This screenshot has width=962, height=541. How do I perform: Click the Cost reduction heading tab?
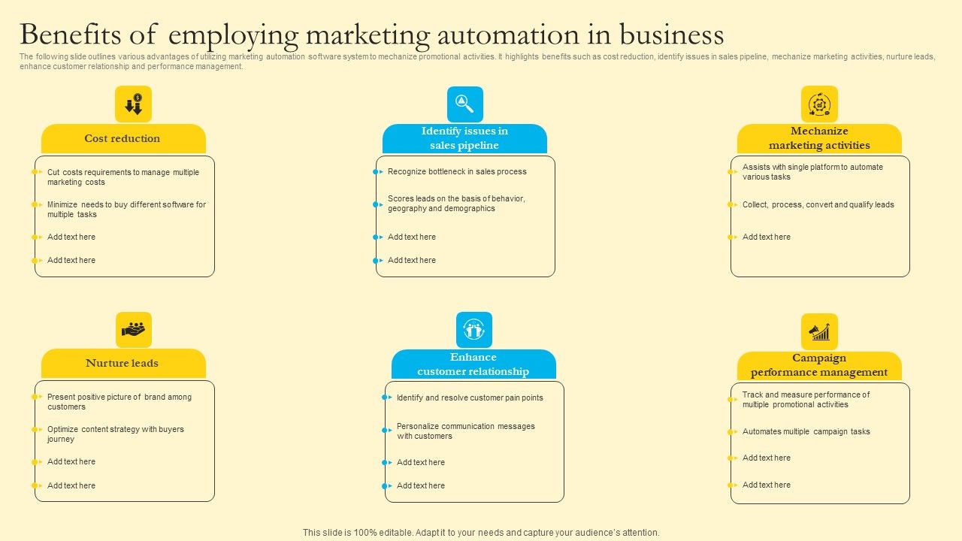(x=123, y=139)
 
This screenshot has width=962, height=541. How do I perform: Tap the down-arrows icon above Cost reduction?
(x=133, y=104)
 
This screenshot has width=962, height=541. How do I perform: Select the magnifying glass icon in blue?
(x=464, y=104)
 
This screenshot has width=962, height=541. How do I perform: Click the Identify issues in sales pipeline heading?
(x=464, y=138)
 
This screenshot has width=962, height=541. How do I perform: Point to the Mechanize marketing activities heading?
(x=819, y=138)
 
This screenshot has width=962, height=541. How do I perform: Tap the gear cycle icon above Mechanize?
(x=819, y=104)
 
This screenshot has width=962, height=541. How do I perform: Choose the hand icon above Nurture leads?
(x=134, y=330)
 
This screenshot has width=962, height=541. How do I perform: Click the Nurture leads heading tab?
(x=123, y=364)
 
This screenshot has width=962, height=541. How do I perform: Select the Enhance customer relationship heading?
(x=473, y=364)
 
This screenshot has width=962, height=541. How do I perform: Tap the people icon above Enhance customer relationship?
(x=473, y=330)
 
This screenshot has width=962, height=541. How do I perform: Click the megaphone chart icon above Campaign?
(x=819, y=332)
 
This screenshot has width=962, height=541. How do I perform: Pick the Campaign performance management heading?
(x=819, y=365)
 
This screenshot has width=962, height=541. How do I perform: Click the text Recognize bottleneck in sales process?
(x=457, y=172)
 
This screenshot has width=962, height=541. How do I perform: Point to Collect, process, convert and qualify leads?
(x=818, y=204)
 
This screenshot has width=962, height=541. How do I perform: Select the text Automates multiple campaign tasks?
(x=806, y=432)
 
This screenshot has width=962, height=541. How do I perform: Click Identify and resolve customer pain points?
(x=470, y=398)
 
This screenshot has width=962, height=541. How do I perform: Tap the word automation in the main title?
(x=500, y=35)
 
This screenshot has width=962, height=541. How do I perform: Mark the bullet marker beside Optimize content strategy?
(x=35, y=430)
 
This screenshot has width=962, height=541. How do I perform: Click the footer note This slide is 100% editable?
(x=481, y=533)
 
